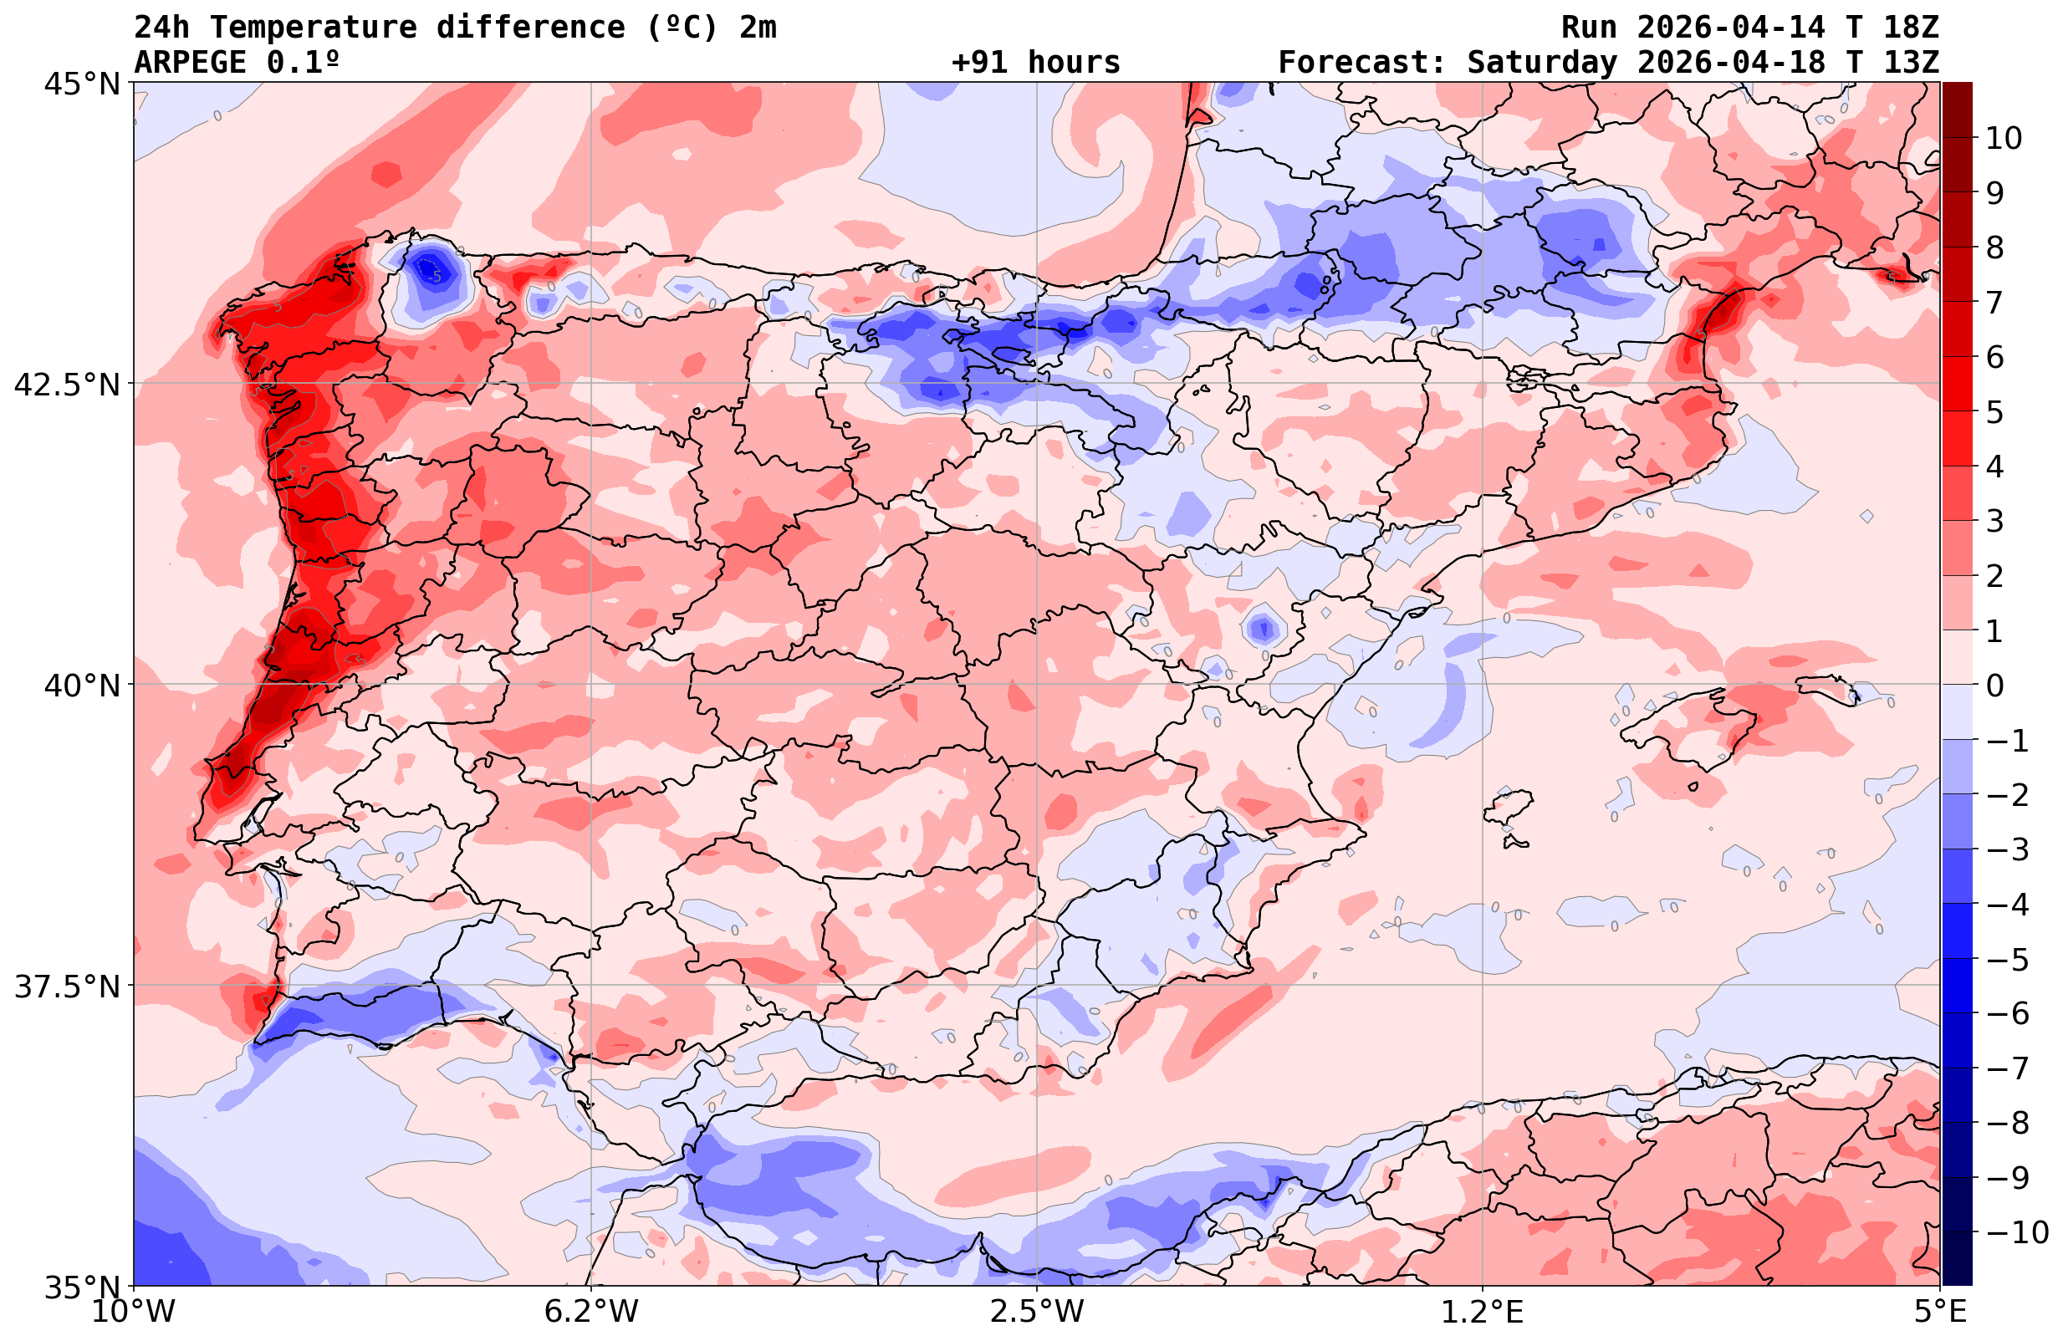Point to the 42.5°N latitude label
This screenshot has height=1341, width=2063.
(x=67, y=384)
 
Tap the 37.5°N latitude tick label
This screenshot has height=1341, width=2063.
(x=67, y=987)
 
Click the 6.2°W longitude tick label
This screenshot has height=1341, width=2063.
(x=591, y=1312)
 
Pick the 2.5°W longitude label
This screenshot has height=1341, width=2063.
(x=1037, y=1312)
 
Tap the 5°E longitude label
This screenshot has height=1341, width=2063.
(x=1939, y=1312)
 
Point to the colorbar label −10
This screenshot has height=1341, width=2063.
(x=2016, y=1231)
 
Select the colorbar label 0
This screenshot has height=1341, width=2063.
(x=1994, y=686)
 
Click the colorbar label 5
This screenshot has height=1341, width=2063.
(x=1994, y=413)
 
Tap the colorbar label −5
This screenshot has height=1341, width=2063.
(x=2007, y=960)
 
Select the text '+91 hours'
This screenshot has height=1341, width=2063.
(x=1035, y=63)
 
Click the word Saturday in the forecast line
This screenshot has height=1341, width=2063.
(x=1542, y=63)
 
